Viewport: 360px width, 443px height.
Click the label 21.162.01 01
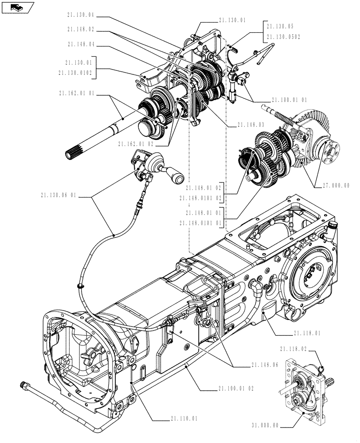76,93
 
